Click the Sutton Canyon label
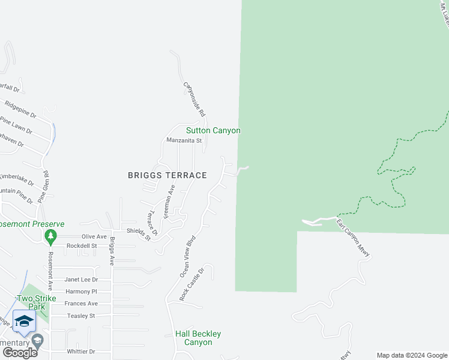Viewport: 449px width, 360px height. pos(213,130)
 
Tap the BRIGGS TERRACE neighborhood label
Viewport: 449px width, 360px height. pos(167,175)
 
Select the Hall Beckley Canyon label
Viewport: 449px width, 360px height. pos(198,338)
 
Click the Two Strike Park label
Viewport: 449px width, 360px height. pos(37,302)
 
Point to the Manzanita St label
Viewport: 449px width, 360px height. pos(184,140)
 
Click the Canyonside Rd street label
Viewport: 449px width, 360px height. pos(195,99)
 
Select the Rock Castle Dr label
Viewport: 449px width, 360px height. pos(192,284)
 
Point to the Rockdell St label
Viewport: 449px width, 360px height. pos(82,246)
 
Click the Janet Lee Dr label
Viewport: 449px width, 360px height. pos(81,279)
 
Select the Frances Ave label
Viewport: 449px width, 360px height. pos(81,304)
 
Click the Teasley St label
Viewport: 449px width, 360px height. pos(81,316)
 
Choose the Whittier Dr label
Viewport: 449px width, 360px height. pos(81,352)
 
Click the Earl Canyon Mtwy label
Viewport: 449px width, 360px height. pos(353,240)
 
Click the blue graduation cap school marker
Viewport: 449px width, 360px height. pos(24,321)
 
